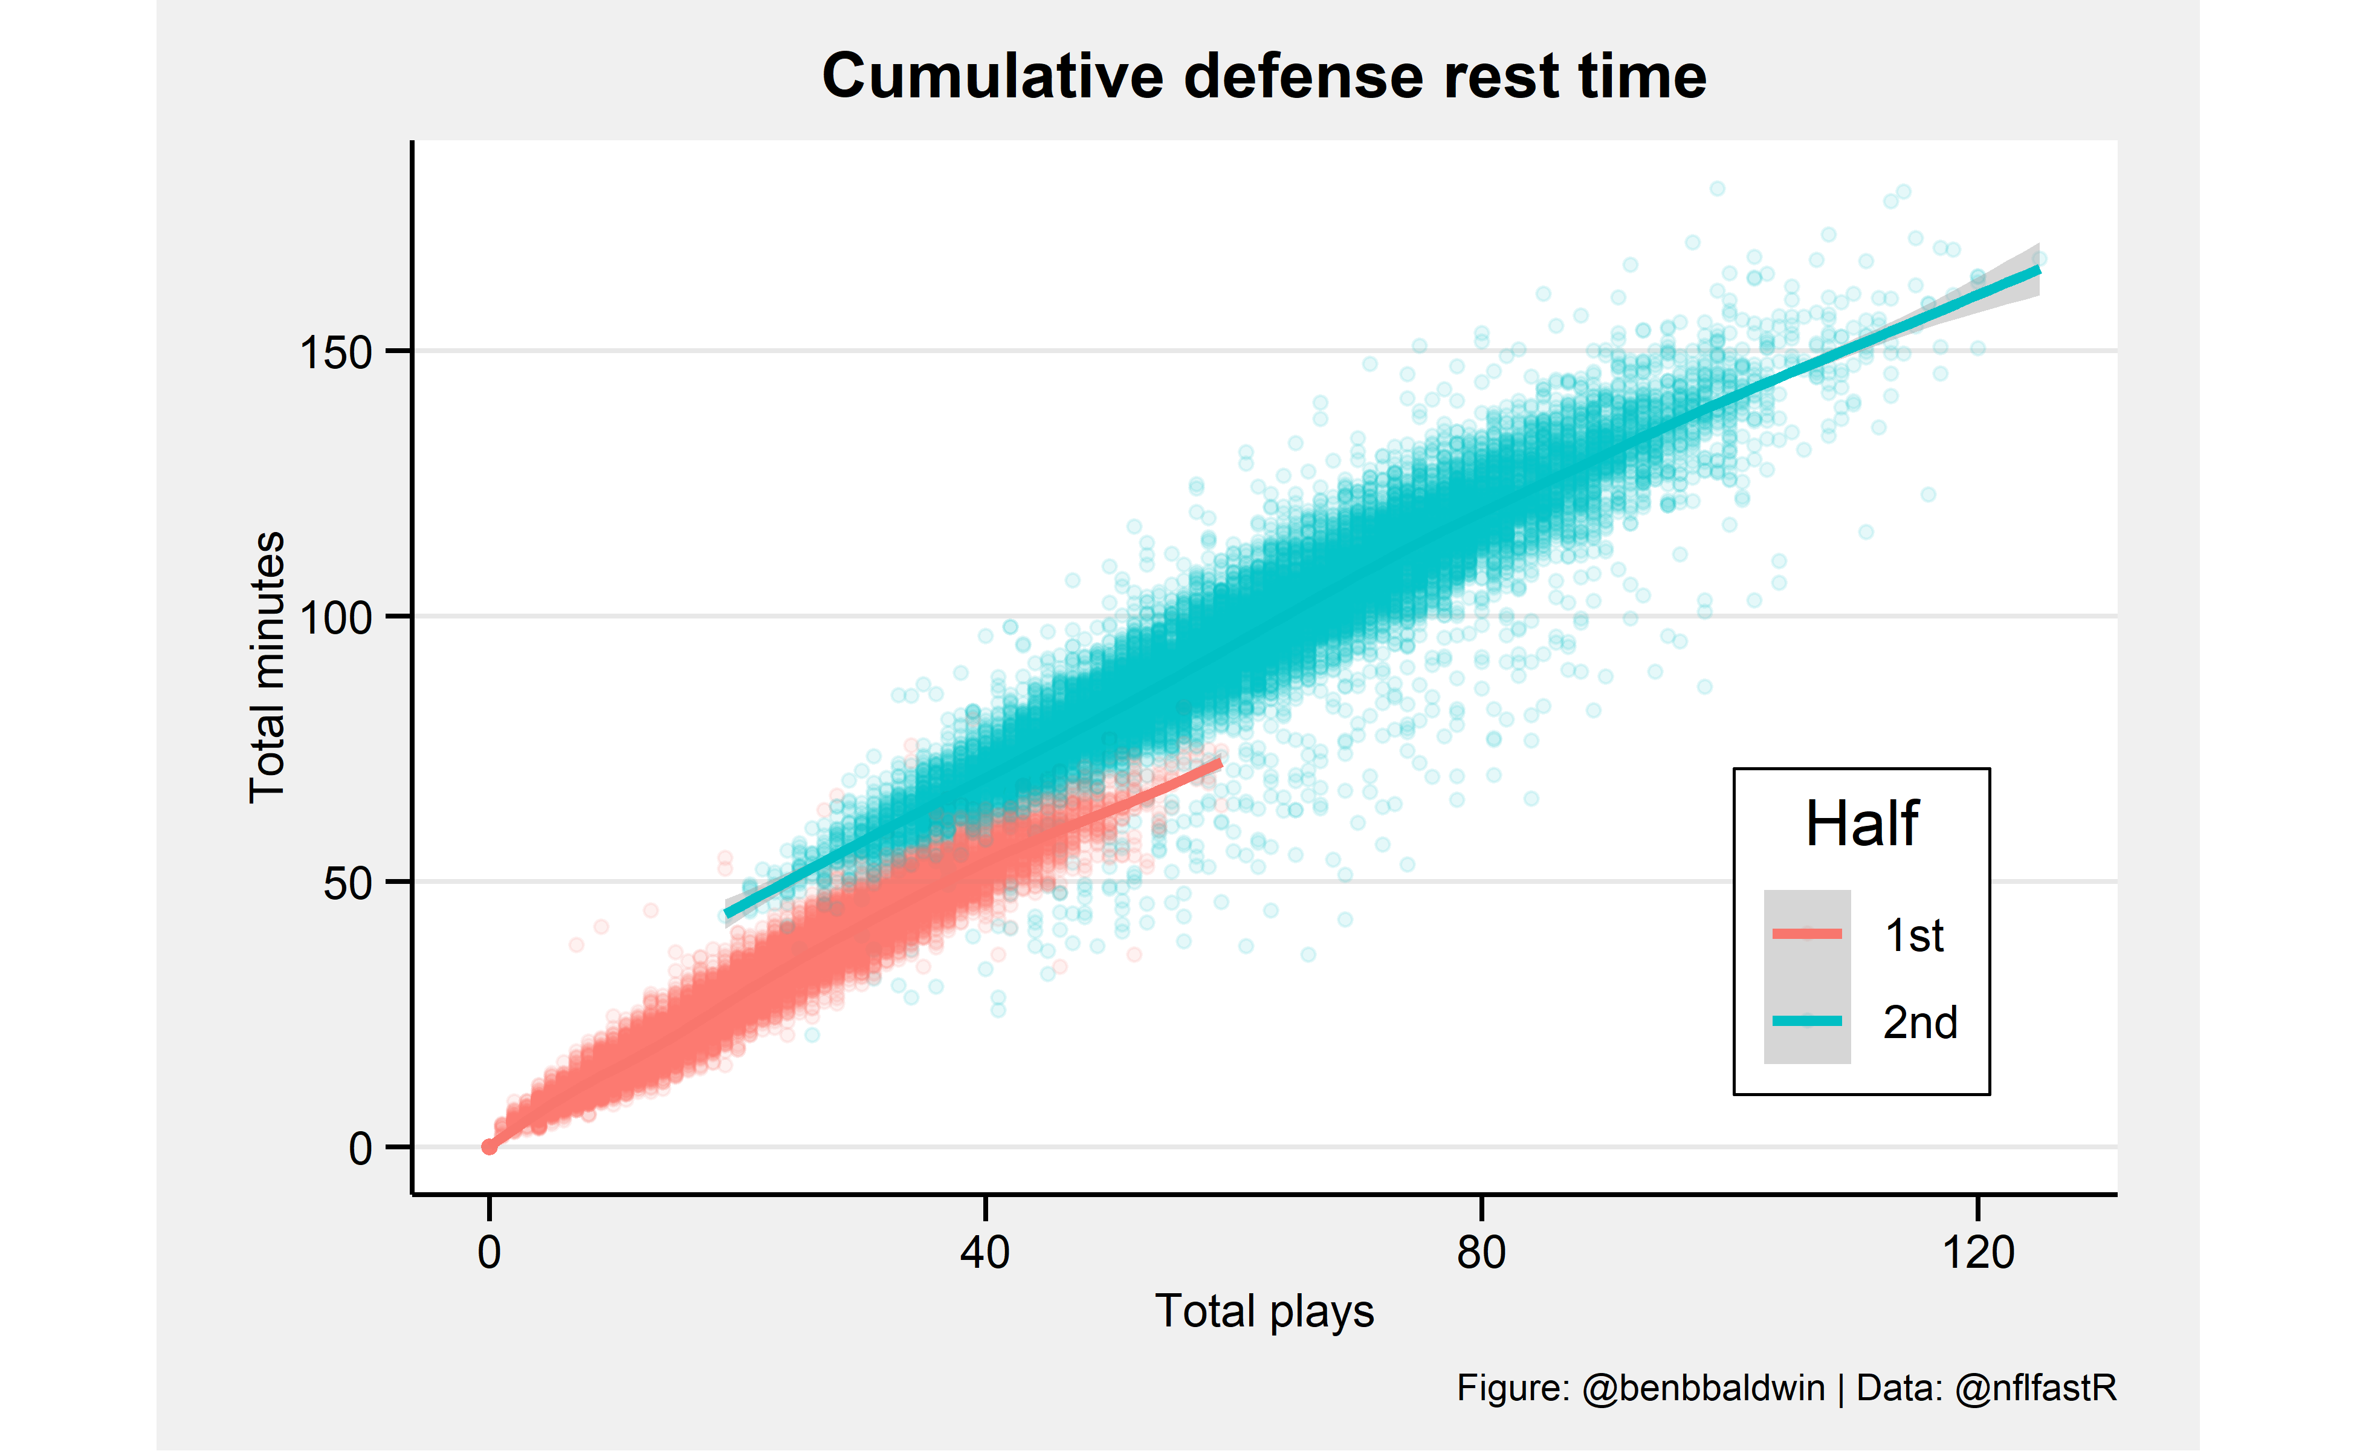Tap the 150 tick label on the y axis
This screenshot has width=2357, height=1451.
coord(336,352)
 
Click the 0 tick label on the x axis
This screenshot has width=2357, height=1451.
coord(490,1252)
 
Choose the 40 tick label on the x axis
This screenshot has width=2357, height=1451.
coord(985,1252)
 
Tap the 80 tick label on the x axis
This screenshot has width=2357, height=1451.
coord(1481,1252)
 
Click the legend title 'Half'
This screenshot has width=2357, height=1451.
coord(1861,823)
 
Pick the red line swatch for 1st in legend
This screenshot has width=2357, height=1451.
coord(1806,933)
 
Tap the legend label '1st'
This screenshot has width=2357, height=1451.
coord(1914,936)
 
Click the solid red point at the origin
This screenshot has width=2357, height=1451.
coord(490,1147)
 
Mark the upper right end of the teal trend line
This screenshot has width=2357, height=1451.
coord(2037,271)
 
